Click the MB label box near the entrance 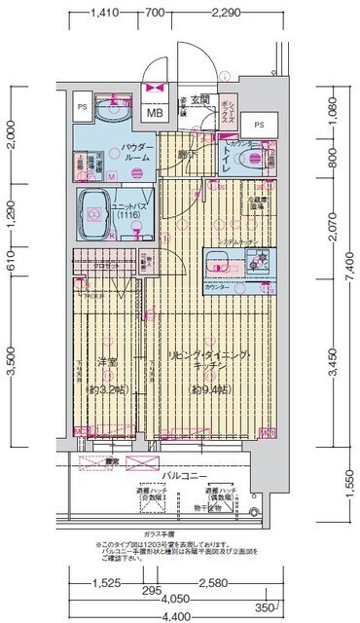coord(154,111)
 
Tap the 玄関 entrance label coord(199,99)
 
